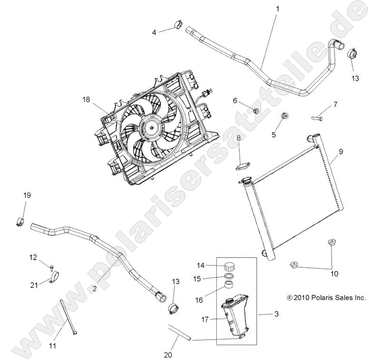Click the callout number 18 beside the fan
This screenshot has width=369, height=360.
[x=86, y=100]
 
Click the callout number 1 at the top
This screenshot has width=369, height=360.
[x=278, y=9]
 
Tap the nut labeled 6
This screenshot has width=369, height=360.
[x=255, y=111]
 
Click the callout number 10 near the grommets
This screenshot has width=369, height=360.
[x=334, y=273]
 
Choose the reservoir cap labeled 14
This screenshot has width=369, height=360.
[x=231, y=265]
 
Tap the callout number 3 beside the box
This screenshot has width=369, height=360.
[x=276, y=314]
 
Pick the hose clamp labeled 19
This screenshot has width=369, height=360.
[x=20, y=219]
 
